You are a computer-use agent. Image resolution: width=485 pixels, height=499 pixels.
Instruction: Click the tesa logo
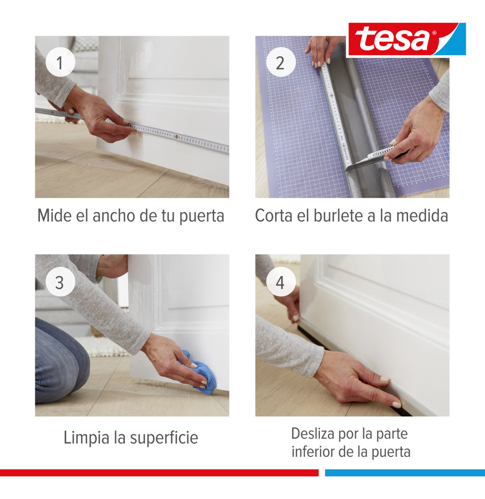(x=406, y=40)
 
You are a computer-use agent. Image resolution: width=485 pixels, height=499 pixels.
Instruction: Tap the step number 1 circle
(x=60, y=63)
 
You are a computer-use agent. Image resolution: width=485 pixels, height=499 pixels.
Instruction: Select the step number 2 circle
(x=280, y=63)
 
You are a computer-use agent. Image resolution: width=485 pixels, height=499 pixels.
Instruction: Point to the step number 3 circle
(x=60, y=282)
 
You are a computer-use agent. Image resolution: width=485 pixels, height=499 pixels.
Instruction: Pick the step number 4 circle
(x=280, y=283)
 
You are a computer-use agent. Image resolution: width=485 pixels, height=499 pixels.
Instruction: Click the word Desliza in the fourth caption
(x=312, y=434)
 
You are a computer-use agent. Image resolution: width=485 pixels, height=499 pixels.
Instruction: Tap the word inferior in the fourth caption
(x=309, y=452)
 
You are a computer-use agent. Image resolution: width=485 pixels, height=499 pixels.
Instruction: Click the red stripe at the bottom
(x=158, y=473)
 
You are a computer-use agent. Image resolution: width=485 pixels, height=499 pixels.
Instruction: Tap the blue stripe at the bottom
(x=405, y=473)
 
